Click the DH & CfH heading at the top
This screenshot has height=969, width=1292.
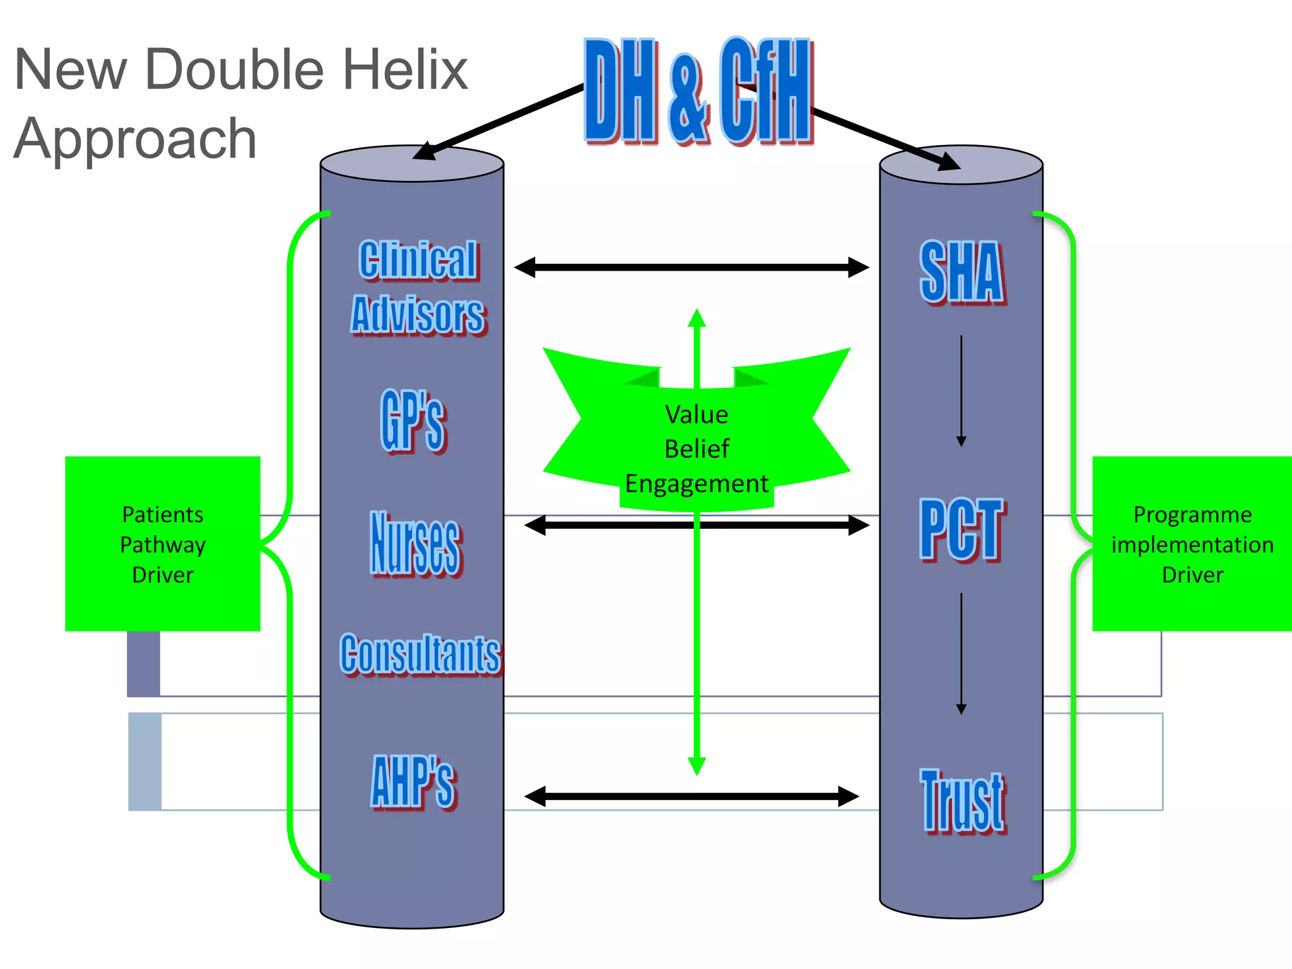[698, 91]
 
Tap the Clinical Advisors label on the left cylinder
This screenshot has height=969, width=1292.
[418, 287]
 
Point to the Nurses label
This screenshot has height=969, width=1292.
[416, 543]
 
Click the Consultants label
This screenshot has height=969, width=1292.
[420, 654]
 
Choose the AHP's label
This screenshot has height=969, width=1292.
[413, 782]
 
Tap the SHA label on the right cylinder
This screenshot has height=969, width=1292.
[961, 272]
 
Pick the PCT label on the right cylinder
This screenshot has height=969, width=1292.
[961, 529]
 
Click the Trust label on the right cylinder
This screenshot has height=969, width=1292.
[963, 801]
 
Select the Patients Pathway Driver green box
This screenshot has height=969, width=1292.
[163, 544]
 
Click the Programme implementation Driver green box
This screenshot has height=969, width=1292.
[1192, 544]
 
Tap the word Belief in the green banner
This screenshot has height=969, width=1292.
[696, 449]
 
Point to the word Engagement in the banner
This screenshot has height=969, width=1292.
[696, 484]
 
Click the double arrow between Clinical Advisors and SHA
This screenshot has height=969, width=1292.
[691, 267]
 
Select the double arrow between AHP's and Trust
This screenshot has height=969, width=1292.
[691, 796]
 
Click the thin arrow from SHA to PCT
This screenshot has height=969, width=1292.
[961, 391]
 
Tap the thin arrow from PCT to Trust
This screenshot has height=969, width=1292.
[961, 654]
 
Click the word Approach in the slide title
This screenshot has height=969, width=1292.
[135, 139]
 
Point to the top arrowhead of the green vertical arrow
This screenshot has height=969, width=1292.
[696, 317]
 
